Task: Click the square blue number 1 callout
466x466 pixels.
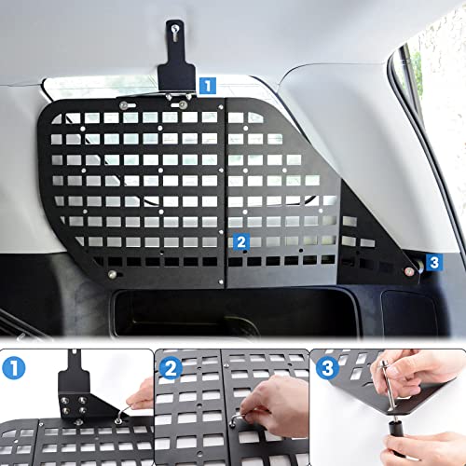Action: click(x=207, y=86)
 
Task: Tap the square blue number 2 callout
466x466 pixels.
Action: click(x=241, y=242)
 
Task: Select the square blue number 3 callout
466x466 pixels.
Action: click(x=434, y=263)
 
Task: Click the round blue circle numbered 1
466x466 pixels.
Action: click(x=14, y=367)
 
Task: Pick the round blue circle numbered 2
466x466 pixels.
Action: click(x=171, y=368)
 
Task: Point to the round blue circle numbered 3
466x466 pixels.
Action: click(x=327, y=368)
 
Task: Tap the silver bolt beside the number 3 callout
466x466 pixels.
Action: click(x=409, y=271)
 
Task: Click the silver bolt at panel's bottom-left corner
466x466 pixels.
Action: click(x=112, y=274)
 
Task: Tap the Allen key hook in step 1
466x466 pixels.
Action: click(x=124, y=413)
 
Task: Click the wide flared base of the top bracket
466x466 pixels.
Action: click(x=176, y=78)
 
